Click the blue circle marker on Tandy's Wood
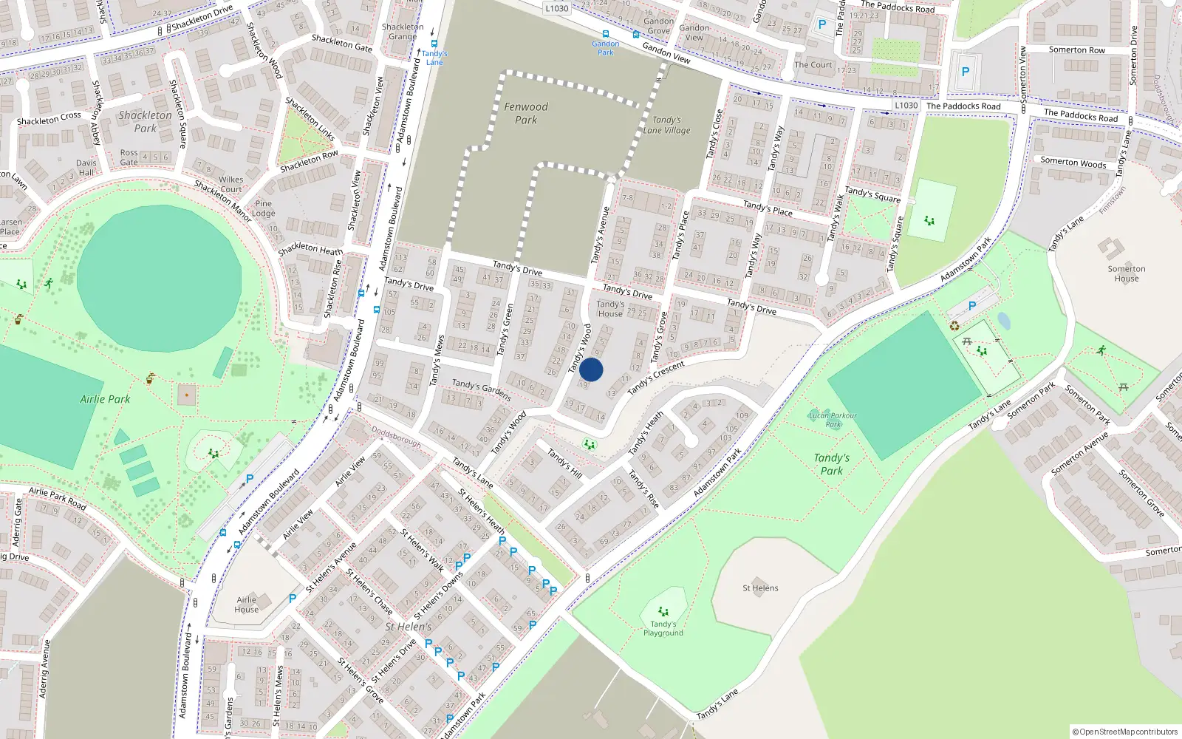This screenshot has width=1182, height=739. click(x=591, y=370)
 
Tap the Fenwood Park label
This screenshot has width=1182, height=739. click(x=526, y=113)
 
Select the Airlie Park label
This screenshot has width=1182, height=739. click(x=105, y=399)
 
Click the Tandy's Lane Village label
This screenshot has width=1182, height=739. click(x=666, y=125)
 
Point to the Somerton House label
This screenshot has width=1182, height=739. click(x=1126, y=273)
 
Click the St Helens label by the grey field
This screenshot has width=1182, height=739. click(x=760, y=588)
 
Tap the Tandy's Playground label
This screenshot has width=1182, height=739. click(x=663, y=628)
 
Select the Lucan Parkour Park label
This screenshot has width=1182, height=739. click(x=833, y=420)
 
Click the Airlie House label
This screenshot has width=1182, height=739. click(x=247, y=605)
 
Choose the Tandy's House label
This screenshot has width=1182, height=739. click(x=610, y=309)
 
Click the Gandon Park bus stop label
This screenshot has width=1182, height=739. click(x=606, y=48)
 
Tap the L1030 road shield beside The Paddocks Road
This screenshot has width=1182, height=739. click(x=906, y=106)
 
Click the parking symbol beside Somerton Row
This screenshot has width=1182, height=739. click(x=965, y=72)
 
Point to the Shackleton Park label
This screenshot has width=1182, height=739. click(x=145, y=122)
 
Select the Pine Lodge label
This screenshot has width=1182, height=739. click(x=264, y=208)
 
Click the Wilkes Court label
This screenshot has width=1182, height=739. click(x=230, y=184)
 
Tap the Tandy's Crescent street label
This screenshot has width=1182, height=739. click(x=656, y=378)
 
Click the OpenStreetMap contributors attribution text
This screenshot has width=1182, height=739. click(x=1124, y=732)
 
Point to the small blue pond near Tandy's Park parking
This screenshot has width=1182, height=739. click(x=1003, y=321)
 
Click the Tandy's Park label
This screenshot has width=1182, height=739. click(x=831, y=464)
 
